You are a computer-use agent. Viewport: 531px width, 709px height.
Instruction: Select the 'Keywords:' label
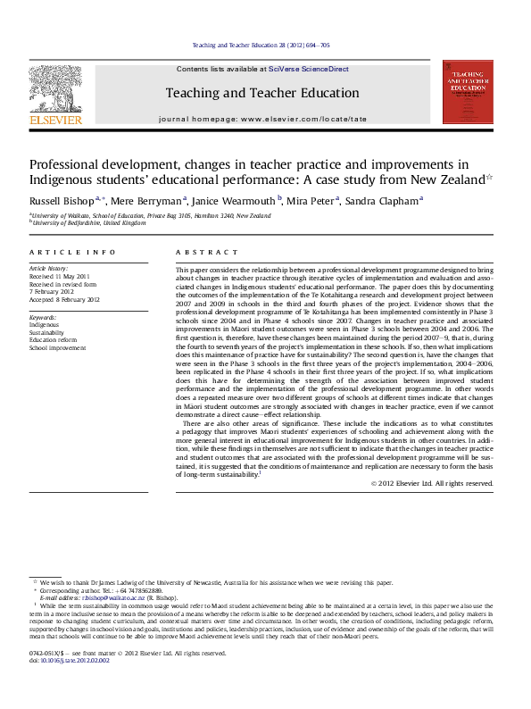[x=44, y=318]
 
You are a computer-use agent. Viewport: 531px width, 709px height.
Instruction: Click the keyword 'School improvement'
[x=55, y=347]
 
